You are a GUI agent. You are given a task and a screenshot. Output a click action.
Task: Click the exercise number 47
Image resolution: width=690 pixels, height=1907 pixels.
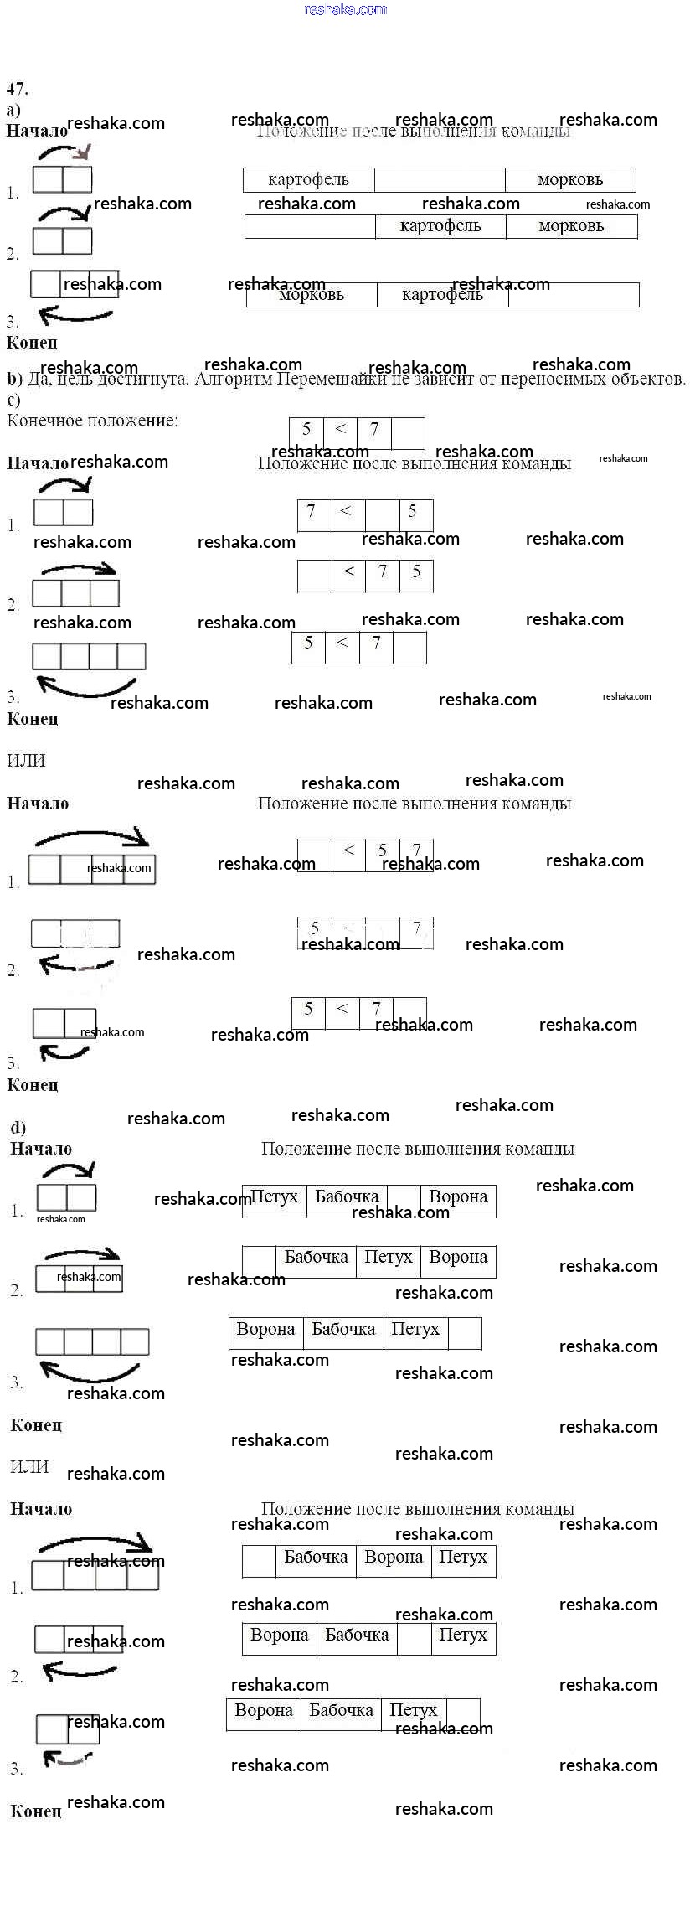(17, 89)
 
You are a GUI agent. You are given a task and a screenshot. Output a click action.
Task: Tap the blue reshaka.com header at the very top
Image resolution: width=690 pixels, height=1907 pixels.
(345, 9)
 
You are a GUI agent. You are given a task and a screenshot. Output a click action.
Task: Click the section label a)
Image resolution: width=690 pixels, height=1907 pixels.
(13, 110)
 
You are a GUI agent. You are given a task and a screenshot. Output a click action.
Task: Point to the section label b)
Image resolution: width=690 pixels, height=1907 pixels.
(14, 380)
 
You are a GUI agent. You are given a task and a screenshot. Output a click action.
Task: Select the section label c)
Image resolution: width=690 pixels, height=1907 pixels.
(13, 400)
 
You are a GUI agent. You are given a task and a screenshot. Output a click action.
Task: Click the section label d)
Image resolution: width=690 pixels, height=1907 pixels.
(18, 1127)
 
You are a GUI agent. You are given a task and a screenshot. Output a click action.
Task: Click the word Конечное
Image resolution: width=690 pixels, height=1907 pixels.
(43, 421)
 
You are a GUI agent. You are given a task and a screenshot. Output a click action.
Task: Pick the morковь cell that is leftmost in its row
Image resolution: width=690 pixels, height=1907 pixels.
(312, 295)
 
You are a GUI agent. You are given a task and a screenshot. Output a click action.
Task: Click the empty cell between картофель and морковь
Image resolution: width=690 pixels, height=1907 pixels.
(440, 180)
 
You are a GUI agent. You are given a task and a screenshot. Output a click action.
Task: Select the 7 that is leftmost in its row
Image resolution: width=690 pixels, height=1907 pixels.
(312, 511)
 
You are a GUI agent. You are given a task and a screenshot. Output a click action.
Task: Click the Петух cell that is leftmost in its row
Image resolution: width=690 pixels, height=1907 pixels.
(274, 1197)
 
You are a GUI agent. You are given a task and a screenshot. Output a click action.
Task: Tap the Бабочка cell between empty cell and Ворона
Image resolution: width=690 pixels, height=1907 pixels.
(316, 1558)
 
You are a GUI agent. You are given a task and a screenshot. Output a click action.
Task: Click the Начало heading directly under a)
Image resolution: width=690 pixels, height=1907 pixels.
(36, 132)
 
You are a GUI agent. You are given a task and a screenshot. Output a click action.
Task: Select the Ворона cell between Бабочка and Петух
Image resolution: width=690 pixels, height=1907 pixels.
(394, 1558)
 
